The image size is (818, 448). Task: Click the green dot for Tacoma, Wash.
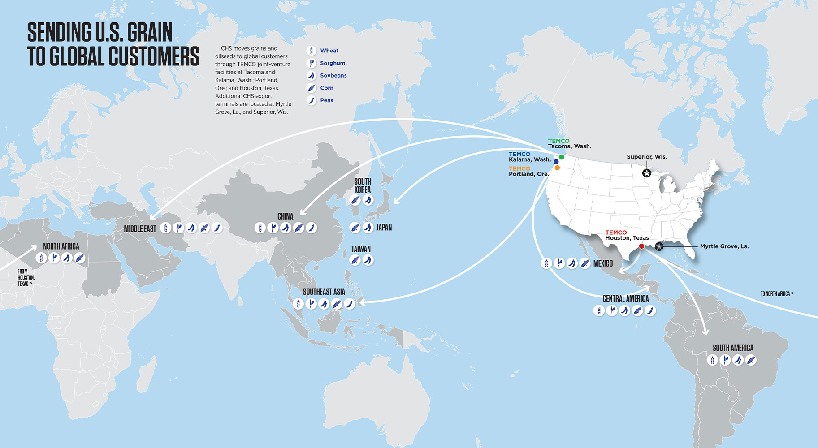point(562,157)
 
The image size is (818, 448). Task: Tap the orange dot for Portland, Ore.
point(557,168)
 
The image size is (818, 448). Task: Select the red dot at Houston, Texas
point(641,246)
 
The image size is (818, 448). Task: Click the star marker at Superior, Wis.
point(646,173)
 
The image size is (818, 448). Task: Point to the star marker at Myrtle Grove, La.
point(659,246)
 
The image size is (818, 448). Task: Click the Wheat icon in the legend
point(312,51)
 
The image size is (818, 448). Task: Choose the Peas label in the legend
point(326,100)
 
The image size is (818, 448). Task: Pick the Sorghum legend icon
point(312,63)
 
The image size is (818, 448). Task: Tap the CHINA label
point(285,216)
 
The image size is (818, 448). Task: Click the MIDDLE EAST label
point(140,229)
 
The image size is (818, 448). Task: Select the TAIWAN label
point(361,249)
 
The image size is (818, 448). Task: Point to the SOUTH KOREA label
point(362,185)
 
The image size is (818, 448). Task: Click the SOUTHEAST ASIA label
point(324,292)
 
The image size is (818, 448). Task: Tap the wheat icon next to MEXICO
point(546,263)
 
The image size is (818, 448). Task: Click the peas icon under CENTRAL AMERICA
point(650,310)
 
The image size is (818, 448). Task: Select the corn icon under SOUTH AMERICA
point(751,360)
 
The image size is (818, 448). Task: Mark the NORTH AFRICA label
point(61,246)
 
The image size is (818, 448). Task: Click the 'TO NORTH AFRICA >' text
point(777,294)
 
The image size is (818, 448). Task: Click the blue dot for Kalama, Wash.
point(556,162)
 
